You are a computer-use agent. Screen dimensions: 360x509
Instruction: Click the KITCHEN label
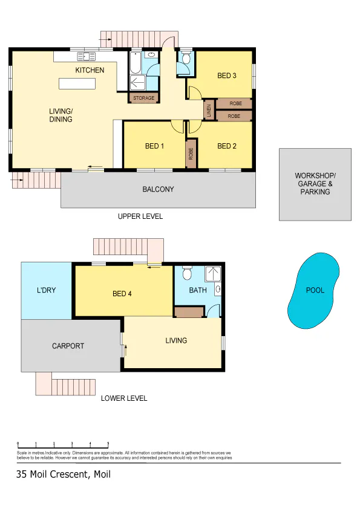pyautogui.click(x=90, y=70)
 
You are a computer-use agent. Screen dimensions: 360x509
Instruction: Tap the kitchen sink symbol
pyautogui.click(x=87, y=56)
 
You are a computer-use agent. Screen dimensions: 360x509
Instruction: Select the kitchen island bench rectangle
pyautogui.click(x=77, y=83)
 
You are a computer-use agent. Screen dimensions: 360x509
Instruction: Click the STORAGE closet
pyautogui.click(x=143, y=98)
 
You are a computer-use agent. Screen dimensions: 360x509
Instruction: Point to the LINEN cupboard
pyautogui.click(x=209, y=111)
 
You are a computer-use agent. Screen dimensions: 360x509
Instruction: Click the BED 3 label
pyautogui.click(x=227, y=76)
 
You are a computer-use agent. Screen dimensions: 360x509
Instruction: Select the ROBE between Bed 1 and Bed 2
pyautogui.click(x=191, y=154)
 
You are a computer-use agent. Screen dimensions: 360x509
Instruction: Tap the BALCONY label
pyautogui.click(x=159, y=189)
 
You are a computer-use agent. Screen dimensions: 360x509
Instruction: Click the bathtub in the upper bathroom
pyautogui.click(x=136, y=63)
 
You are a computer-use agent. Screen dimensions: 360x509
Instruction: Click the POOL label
pyautogui.click(x=315, y=290)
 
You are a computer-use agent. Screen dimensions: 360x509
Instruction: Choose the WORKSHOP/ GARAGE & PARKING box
pyautogui.click(x=315, y=184)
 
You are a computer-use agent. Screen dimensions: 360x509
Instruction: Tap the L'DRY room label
pyautogui.click(x=46, y=290)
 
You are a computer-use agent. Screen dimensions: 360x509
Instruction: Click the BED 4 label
pyautogui.click(x=122, y=294)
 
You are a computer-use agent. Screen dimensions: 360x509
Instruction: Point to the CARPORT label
pyautogui.click(x=68, y=346)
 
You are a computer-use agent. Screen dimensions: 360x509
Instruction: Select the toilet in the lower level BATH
pyautogui.click(x=187, y=273)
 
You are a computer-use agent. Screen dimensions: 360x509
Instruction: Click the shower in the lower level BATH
pyautogui.click(x=213, y=274)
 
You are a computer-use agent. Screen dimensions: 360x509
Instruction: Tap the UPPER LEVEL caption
pyautogui.click(x=140, y=216)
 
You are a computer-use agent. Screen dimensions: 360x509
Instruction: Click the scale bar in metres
pyautogui.click(x=63, y=446)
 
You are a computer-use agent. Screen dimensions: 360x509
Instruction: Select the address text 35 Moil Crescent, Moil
pyautogui.click(x=64, y=475)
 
